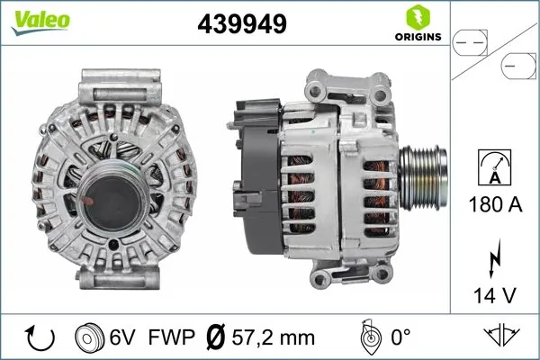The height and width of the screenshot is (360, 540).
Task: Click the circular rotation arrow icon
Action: point(40,338)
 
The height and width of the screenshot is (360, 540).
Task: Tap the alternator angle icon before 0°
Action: point(369,337)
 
